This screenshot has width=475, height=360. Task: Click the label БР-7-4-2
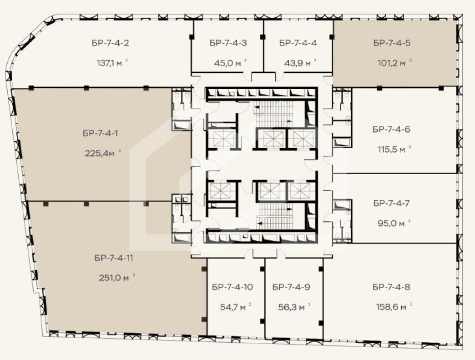coord(111,44)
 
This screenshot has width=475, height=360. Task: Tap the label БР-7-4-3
coord(228,44)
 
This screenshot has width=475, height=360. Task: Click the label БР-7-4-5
coord(392,44)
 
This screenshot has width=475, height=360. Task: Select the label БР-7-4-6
coord(391,129)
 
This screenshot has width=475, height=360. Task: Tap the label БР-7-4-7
coord(391,203)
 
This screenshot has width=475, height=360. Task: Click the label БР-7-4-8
coord(391,287)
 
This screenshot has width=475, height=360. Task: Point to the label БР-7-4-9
coord(291,287)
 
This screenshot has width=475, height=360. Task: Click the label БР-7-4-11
coord(114,258)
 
